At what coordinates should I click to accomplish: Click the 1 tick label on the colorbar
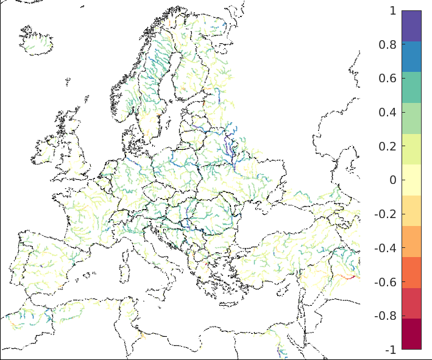pyautogui.click(x=392, y=11)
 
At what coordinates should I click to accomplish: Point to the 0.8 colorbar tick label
pyautogui.click(x=388, y=44)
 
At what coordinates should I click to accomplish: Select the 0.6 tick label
pyautogui.click(x=388, y=79)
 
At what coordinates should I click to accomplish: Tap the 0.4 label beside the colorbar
pyautogui.click(x=388, y=113)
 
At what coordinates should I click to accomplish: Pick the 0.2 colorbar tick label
pyautogui.click(x=388, y=147)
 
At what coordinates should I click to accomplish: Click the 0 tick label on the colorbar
pyautogui.click(x=392, y=180)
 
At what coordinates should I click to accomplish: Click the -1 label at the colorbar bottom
pyautogui.click(x=390, y=350)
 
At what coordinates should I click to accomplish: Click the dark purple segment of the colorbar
pyautogui.click(x=411, y=26)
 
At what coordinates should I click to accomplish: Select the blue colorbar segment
pyautogui.click(x=411, y=57)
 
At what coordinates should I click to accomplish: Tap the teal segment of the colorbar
pyautogui.click(x=411, y=87)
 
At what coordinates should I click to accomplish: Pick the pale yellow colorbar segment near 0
pyautogui.click(x=411, y=180)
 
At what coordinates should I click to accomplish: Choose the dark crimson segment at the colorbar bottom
pyautogui.click(x=411, y=334)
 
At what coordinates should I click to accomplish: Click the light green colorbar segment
pyautogui.click(x=411, y=118)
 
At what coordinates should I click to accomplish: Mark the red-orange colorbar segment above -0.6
pyautogui.click(x=411, y=272)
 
